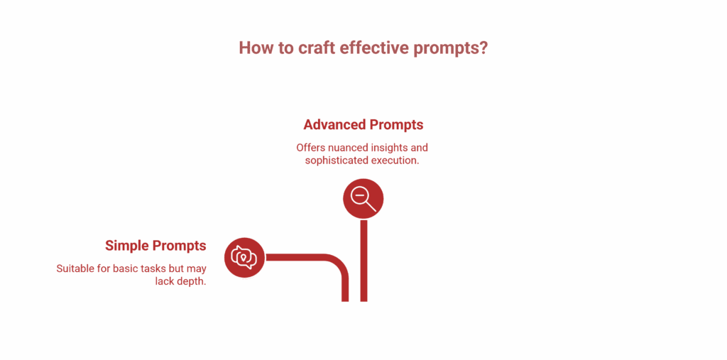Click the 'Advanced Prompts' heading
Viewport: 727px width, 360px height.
click(363, 125)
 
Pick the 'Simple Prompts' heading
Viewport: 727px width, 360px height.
click(155, 246)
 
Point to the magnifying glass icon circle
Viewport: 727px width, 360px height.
click(363, 198)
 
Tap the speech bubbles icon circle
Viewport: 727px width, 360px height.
click(244, 257)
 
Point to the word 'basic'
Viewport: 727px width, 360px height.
click(127, 269)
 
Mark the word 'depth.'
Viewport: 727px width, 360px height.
click(191, 282)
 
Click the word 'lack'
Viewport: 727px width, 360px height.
click(165, 282)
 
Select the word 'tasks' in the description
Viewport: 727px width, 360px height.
click(156, 269)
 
